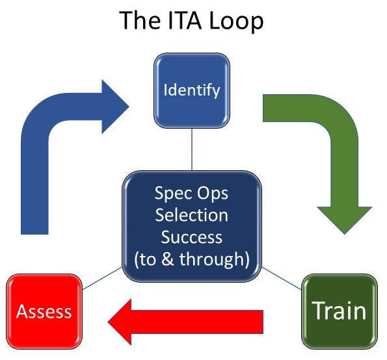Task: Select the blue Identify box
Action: [191, 89]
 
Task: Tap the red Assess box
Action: [44, 311]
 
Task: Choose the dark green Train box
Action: [340, 311]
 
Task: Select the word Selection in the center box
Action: [191, 214]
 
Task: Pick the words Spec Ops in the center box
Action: [191, 193]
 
